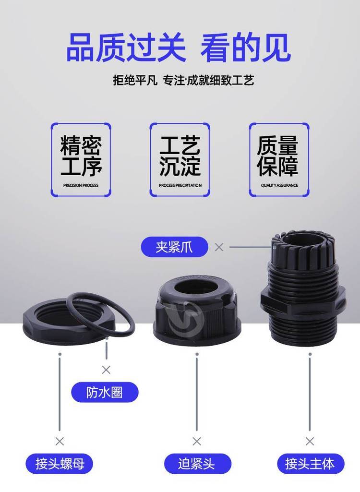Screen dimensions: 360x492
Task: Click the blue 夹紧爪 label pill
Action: point(174,247)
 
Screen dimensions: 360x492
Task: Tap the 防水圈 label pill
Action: point(105,392)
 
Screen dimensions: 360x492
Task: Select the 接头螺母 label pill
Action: point(60,464)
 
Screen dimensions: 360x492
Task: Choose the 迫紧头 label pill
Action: point(197,464)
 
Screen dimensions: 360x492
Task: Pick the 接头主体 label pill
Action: point(311,464)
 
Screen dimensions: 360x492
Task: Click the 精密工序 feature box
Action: point(81,160)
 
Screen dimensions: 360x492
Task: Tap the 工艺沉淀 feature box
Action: point(180,160)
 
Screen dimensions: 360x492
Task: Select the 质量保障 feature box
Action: point(279,160)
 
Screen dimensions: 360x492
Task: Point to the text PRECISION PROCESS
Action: point(81,185)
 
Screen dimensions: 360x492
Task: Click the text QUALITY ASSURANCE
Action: point(279,185)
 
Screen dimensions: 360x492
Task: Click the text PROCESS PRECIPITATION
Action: point(180,185)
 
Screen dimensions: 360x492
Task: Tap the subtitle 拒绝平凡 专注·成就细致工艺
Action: point(183,80)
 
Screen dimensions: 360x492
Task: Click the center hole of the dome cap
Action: point(197,288)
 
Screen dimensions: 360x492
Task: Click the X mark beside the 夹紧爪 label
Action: point(219,247)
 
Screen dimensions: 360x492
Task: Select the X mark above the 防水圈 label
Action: point(106,370)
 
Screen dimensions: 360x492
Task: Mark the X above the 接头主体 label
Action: point(310,441)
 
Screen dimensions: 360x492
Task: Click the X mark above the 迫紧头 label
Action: point(197,441)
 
